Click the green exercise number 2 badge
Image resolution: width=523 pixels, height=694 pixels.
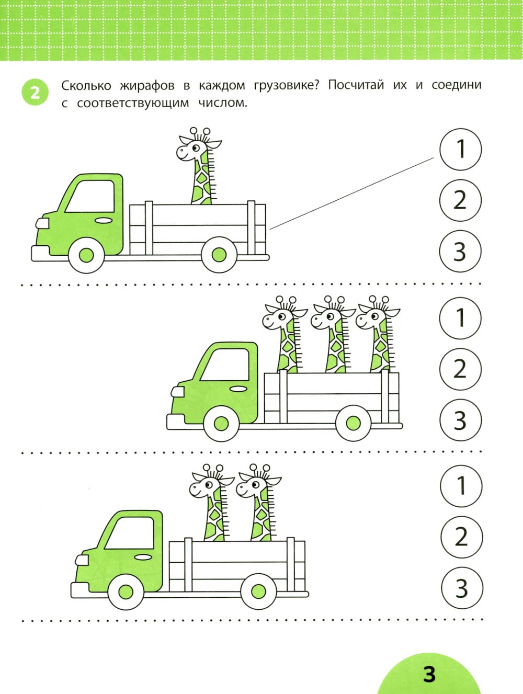tap(35, 93)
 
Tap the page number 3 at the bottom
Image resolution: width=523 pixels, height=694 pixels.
tap(429, 674)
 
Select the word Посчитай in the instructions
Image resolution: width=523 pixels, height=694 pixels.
tap(356, 85)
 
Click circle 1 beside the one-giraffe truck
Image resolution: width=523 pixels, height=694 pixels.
tap(460, 149)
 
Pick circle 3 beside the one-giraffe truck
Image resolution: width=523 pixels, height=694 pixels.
tap(460, 252)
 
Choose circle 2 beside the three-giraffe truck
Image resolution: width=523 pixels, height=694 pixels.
tap(460, 369)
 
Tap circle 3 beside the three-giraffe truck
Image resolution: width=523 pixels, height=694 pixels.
tap(460, 420)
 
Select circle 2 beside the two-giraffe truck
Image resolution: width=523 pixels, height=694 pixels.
tap(461, 537)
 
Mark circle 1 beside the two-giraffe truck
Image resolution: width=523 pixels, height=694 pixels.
tap(461, 486)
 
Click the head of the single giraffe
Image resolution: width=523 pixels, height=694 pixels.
tap(193, 149)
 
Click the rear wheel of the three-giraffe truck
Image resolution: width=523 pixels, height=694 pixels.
tap(354, 423)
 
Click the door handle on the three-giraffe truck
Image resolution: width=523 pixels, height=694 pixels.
tap(238, 389)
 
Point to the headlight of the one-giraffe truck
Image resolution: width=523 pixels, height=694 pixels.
tap(42, 223)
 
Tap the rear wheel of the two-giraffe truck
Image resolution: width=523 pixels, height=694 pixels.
tap(258, 591)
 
